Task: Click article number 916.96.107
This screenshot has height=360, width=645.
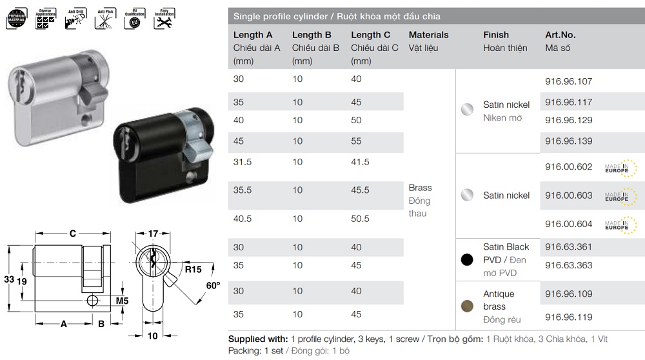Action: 568,81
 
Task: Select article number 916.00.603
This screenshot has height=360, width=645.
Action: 568,195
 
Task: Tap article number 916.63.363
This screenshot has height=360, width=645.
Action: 568,265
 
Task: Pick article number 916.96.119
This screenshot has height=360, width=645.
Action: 568,317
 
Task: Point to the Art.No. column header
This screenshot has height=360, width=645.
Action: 560,35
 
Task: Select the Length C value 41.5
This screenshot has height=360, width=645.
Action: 364,162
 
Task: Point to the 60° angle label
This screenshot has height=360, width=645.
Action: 212,285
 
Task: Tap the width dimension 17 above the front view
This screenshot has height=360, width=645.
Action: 154,234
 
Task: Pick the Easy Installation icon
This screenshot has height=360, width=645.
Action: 163,17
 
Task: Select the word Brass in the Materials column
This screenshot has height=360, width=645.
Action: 420,188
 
